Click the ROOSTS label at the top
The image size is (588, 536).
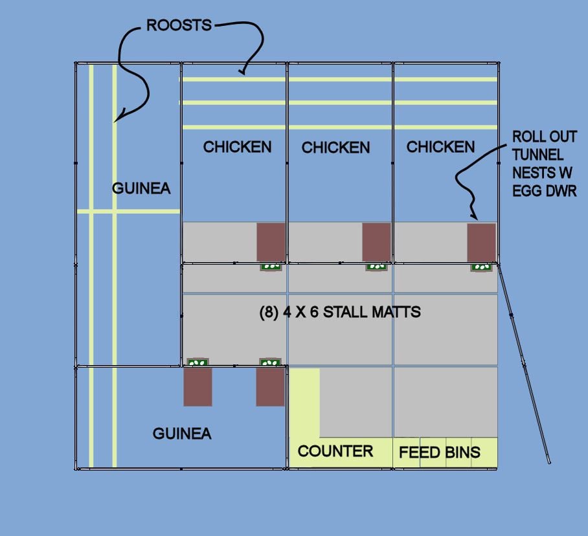click(179, 25)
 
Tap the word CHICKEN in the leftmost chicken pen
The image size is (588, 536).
click(237, 147)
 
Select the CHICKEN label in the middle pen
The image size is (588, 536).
click(335, 148)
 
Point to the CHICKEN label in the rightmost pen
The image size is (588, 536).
click(440, 147)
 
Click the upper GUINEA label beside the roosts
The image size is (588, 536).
click(141, 188)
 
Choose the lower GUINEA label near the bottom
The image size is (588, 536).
click(182, 434)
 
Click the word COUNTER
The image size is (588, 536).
click(335, 451)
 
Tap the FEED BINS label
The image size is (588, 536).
click(440, 452)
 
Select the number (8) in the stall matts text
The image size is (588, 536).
click(269, 312)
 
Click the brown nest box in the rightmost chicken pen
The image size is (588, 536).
click(481, 242)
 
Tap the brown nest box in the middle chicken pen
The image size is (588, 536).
click(376, 242)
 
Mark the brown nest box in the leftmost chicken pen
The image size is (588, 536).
click(271, 242)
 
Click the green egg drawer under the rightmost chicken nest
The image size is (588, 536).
click(482, 266)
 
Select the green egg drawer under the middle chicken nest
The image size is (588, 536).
click(376, 266)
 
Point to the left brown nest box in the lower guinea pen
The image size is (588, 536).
click(198, 386)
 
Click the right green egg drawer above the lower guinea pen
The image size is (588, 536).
click(270, 363)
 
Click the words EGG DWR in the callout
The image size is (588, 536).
click(543, 192)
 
